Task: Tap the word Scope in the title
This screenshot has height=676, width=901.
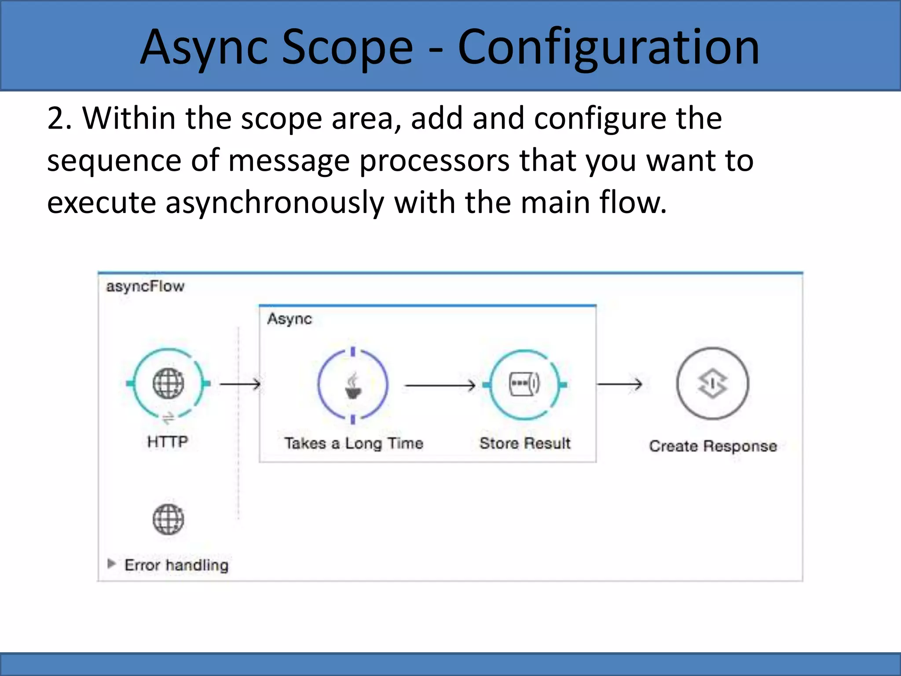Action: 347,48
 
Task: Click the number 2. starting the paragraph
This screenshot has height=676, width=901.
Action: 59,119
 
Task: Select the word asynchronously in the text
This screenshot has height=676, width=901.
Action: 275,203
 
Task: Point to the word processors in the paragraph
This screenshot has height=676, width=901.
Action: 434,161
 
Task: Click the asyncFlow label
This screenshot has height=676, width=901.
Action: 145,287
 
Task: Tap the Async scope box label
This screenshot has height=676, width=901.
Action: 289,319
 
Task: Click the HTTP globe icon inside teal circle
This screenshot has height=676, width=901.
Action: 168,383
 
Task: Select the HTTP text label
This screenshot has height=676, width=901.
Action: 168,441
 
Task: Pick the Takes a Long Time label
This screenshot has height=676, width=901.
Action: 354,443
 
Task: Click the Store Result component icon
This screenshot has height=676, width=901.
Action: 524,384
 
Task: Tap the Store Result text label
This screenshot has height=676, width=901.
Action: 525,443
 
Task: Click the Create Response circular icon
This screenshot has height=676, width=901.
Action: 712,383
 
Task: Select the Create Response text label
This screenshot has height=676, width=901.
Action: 713,446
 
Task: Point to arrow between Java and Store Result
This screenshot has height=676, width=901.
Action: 440,386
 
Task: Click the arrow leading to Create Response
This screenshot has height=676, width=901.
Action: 619,384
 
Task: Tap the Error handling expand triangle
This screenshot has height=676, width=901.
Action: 111,564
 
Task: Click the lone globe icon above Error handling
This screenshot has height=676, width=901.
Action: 168,519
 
